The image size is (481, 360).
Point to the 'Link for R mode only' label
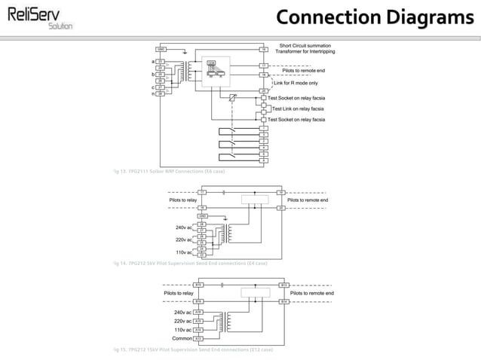coord(296,83)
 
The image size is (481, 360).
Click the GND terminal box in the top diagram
coord(161,49)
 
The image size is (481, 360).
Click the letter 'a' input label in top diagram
coord(153,61)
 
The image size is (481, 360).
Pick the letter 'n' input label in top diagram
coord(153,93)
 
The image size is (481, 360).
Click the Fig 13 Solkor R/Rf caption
coord(168,172)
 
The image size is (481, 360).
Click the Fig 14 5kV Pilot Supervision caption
coord(188,264)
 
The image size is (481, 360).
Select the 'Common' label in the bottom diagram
coord(182,339)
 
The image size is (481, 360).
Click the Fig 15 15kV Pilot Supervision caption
coord(191,350)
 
